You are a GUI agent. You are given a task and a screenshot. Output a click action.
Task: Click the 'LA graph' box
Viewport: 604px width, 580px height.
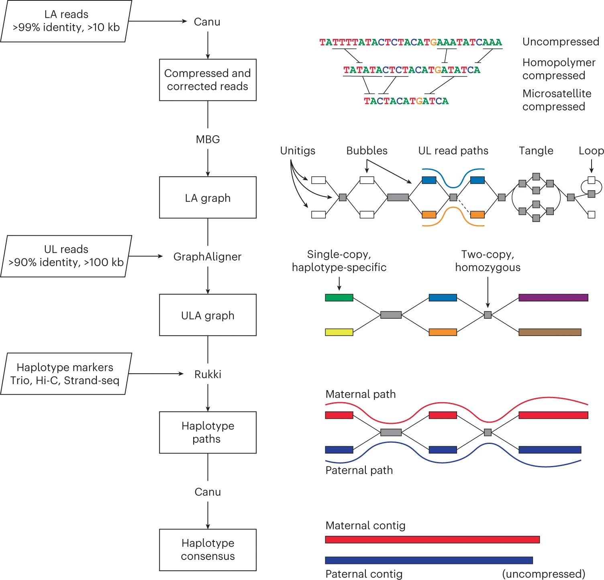(x=208, y=197)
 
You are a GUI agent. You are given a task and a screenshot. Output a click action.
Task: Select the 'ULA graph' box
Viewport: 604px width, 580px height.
(x=208, y=315)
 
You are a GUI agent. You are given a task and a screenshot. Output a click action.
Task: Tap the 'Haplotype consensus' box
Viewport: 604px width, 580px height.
(x=208, y=549)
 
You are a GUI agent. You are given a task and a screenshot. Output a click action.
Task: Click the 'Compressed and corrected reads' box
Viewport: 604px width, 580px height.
(x=208, y=80)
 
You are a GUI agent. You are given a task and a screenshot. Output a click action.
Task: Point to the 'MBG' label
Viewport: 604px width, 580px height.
(x=208, y=139)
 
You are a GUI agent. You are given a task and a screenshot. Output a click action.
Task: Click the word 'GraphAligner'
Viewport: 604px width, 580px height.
(x=207, y=256)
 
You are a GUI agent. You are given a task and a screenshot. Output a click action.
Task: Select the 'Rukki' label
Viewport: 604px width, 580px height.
(x=208, y=374)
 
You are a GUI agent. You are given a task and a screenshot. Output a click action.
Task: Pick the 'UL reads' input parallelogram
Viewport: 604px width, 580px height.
(x=66, y=256)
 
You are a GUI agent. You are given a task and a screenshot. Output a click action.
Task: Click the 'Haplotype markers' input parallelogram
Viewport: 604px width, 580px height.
(x=66, y=374)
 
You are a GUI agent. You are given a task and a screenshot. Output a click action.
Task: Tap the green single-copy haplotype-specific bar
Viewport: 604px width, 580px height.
(x=339, y=298)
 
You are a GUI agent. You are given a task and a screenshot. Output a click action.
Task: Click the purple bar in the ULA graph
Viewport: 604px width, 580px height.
(x=553, y=298)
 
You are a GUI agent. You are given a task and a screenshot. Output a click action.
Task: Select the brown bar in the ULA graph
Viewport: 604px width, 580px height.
(x=550, y=332)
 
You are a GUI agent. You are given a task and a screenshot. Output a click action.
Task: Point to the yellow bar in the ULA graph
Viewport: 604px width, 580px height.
(x=339, y=332)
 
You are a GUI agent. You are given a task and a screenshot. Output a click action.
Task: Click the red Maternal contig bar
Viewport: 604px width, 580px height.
(x=432, y=539)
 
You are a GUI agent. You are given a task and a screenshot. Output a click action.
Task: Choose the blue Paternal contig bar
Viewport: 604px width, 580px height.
(x=429, y=560)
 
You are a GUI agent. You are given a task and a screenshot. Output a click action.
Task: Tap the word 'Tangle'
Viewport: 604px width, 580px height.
(x=536, y=151)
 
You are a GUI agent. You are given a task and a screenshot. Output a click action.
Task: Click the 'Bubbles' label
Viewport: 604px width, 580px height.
(x=367, y=151)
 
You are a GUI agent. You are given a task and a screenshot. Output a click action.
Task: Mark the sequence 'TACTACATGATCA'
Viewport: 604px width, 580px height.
(x=406, y=101)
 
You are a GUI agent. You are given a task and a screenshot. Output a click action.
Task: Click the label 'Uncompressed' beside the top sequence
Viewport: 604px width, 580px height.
(x=561, y=42)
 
